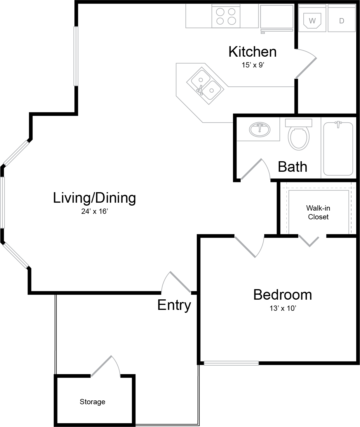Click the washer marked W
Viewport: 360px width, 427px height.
(x=312, y=18)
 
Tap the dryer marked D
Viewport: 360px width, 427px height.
(x=342, y=18)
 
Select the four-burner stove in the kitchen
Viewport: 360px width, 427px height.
(x=226, y=16)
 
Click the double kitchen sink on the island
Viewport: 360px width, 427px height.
(x=205, y=86)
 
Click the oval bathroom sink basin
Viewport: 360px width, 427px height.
(x=260, y=130)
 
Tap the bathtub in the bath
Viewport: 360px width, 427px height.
(x=338, y=148)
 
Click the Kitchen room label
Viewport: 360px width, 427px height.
(x=253, y=52)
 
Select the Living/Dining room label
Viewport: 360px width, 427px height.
(x=94, y=198)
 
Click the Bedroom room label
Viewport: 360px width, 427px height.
(x=283, y=295)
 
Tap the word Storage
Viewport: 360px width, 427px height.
(x=92, y=402)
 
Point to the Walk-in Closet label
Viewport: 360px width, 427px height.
(x=318, y=212)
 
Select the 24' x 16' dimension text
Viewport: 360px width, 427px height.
(x=94, y=211)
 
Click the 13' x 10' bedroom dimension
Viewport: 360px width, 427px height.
(x=283, y=308)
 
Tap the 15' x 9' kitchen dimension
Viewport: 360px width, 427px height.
(x=253, y=65)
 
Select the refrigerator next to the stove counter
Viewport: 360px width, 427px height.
(x=277, y=18)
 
